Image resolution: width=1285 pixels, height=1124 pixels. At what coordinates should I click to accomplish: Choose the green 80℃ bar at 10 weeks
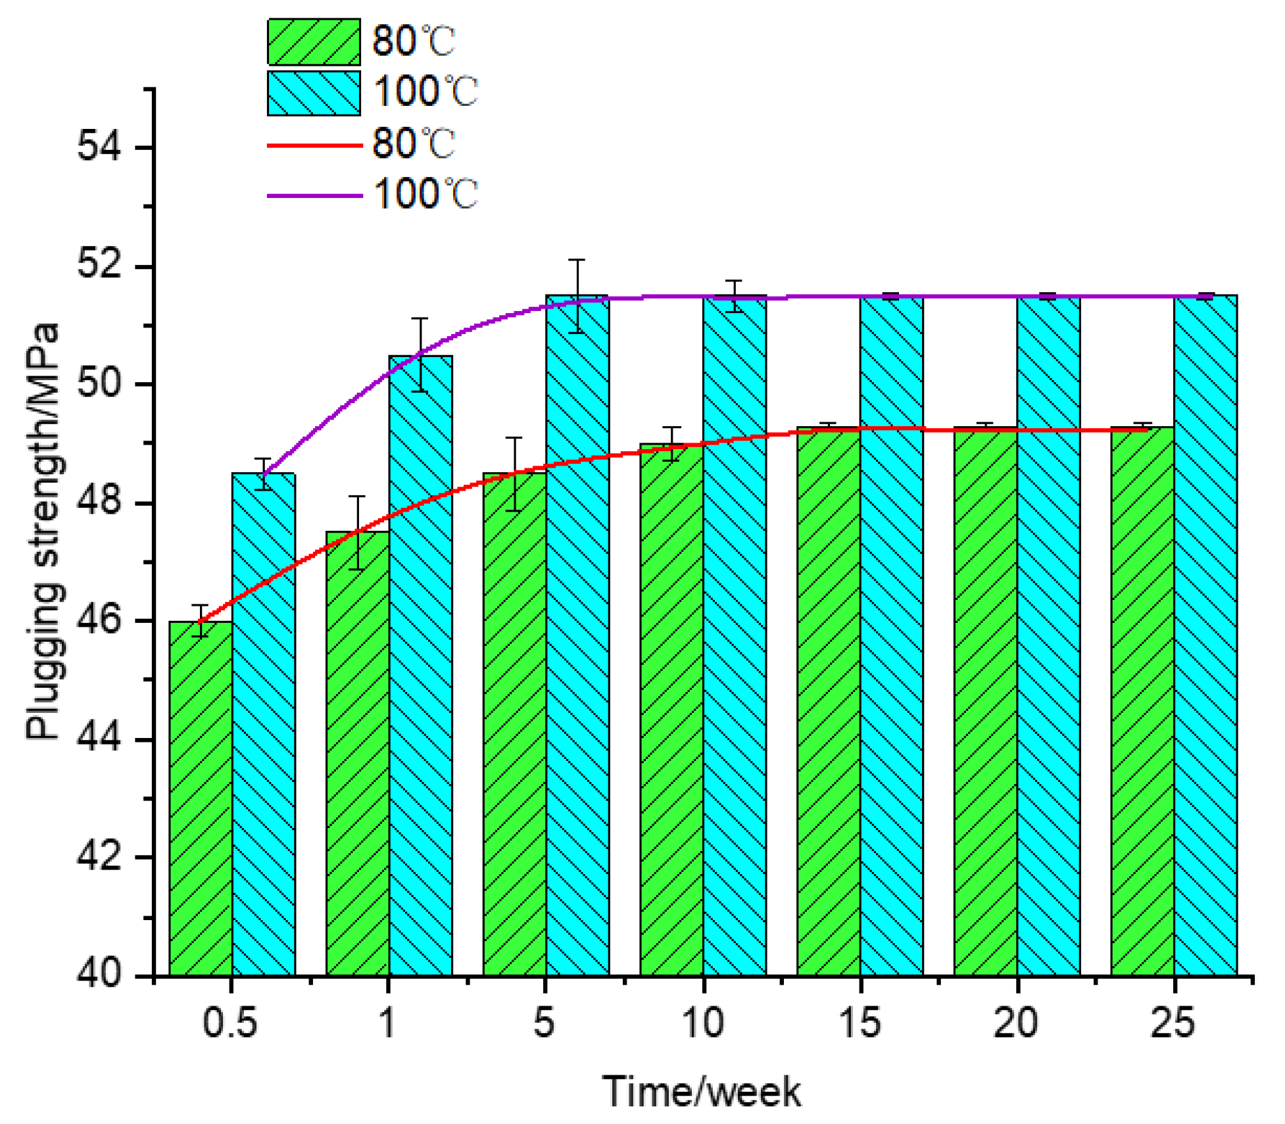pyautogui.click(x=671, y=710)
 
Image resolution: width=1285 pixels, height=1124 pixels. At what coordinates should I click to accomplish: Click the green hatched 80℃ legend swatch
pyautogui.click(x=314, y=41)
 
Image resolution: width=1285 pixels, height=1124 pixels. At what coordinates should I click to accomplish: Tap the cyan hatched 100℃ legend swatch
pyautogui.click(x=314, y=93)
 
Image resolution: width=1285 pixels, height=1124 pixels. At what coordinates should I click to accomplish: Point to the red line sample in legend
pyautogui.click(x=314, y=145)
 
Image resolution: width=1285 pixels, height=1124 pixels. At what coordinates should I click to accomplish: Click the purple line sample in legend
pyautogui.click(x=314, y=195)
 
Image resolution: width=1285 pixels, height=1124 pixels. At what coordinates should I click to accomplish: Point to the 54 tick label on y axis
pyautogui.click(x=99, y=146)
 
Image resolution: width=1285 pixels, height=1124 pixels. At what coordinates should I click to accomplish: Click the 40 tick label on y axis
pyautogui.click(x=99, y=972)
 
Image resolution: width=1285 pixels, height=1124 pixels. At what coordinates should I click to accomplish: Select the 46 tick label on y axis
pyautogui.click(x=99, y=620)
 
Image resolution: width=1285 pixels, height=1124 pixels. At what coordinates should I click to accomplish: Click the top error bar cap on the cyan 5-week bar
pyautogui.click(x=577, y=260)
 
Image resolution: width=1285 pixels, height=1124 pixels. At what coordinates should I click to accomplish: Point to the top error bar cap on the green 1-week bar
pyautogui.click(x=357, y=497)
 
